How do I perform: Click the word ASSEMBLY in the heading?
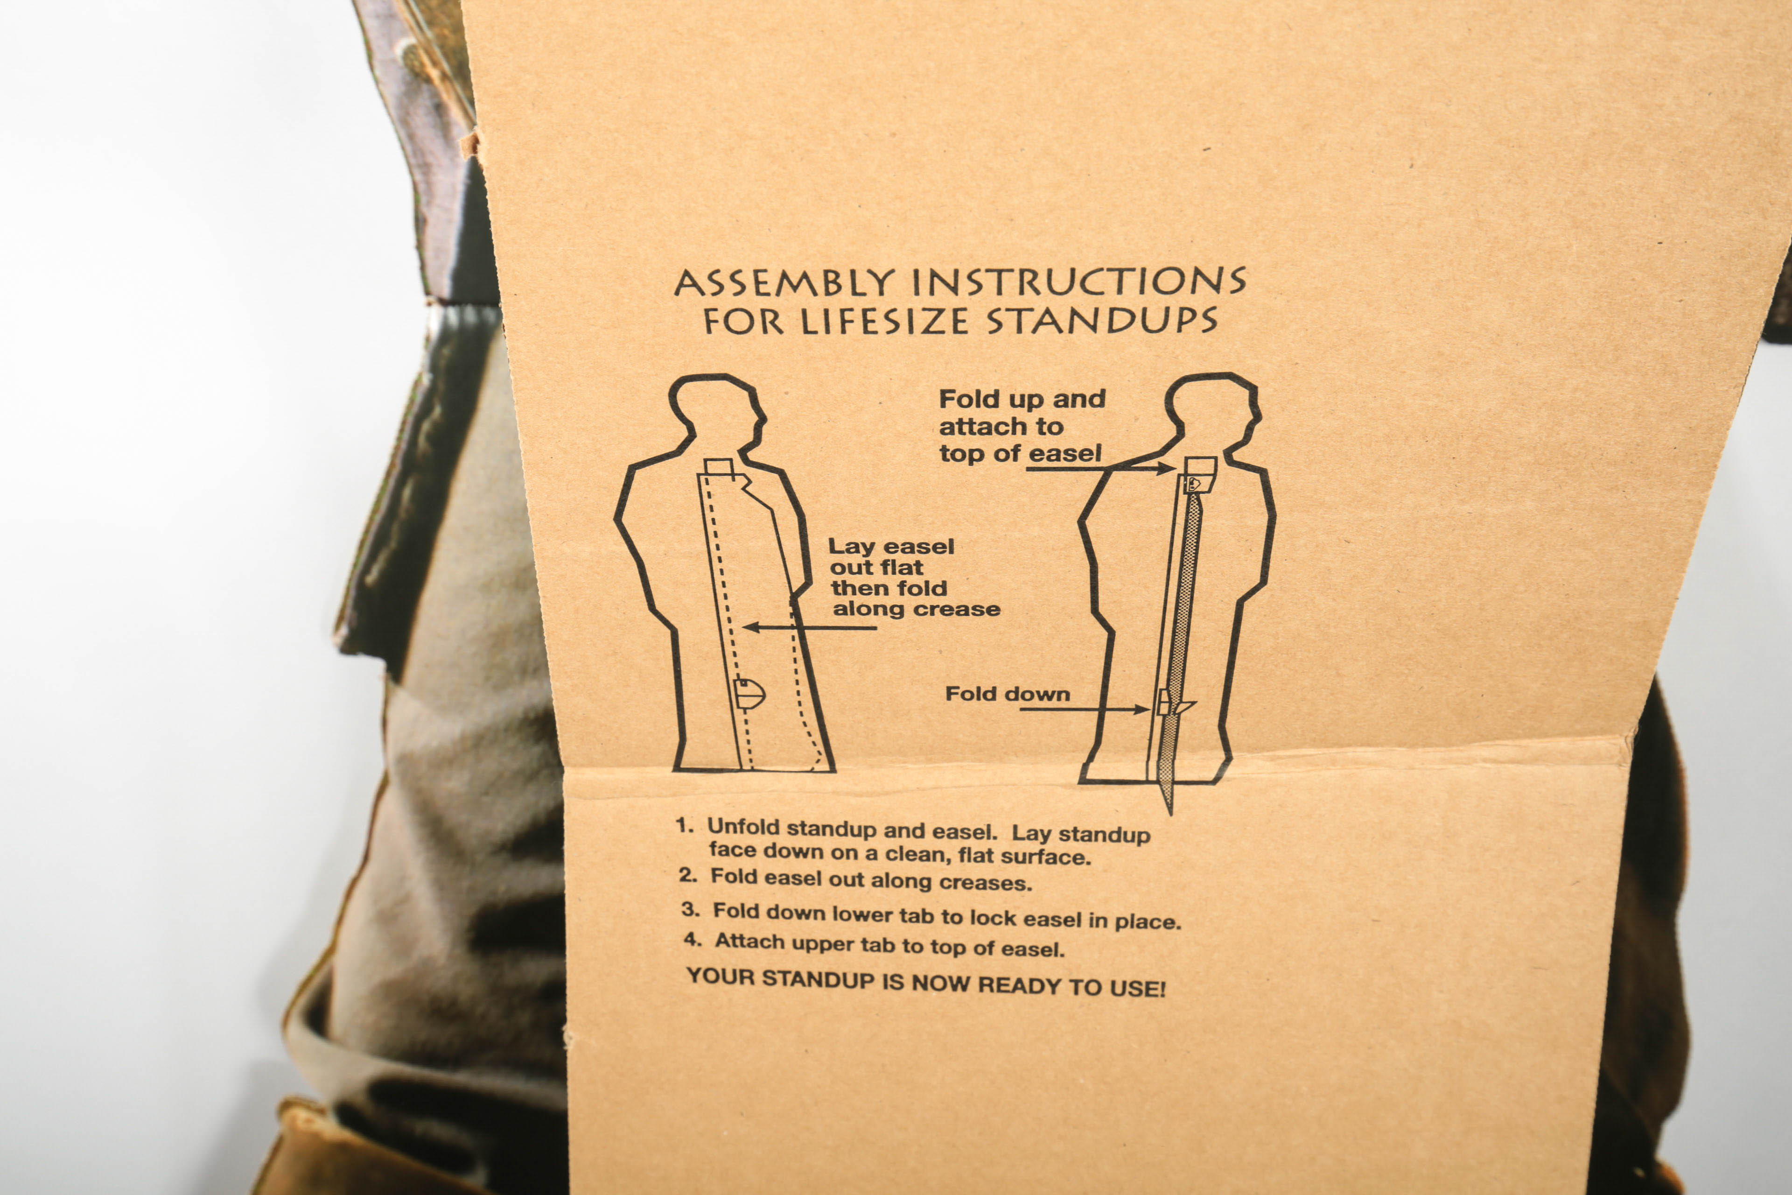click(x=784, y=283)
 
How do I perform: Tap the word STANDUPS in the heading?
click(x=1102, y=321)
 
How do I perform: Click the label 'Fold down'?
click(x=1007, y=694)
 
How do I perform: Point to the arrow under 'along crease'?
click(x=809, y=628)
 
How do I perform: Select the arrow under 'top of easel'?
click(x=1100, y=468)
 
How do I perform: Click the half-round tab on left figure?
click(x=750, y=694)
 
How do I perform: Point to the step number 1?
click(x=684, y=825)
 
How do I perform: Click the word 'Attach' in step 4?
click(x=747, y=942)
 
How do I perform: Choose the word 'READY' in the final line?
click(x=1020, y=984)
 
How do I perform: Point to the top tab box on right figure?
click(x=1201, y=466)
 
